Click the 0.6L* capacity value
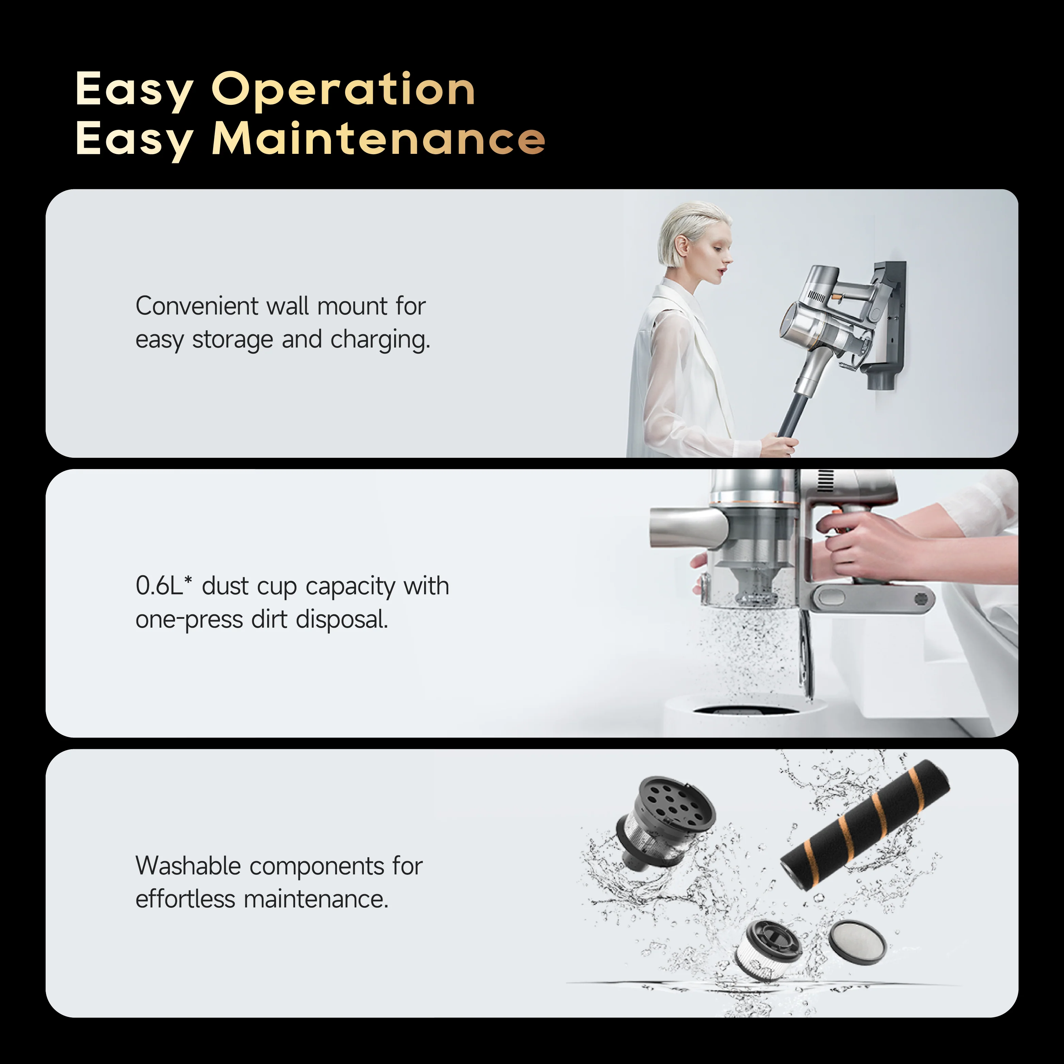click(164, 585)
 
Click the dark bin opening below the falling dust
click(745, 710)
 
